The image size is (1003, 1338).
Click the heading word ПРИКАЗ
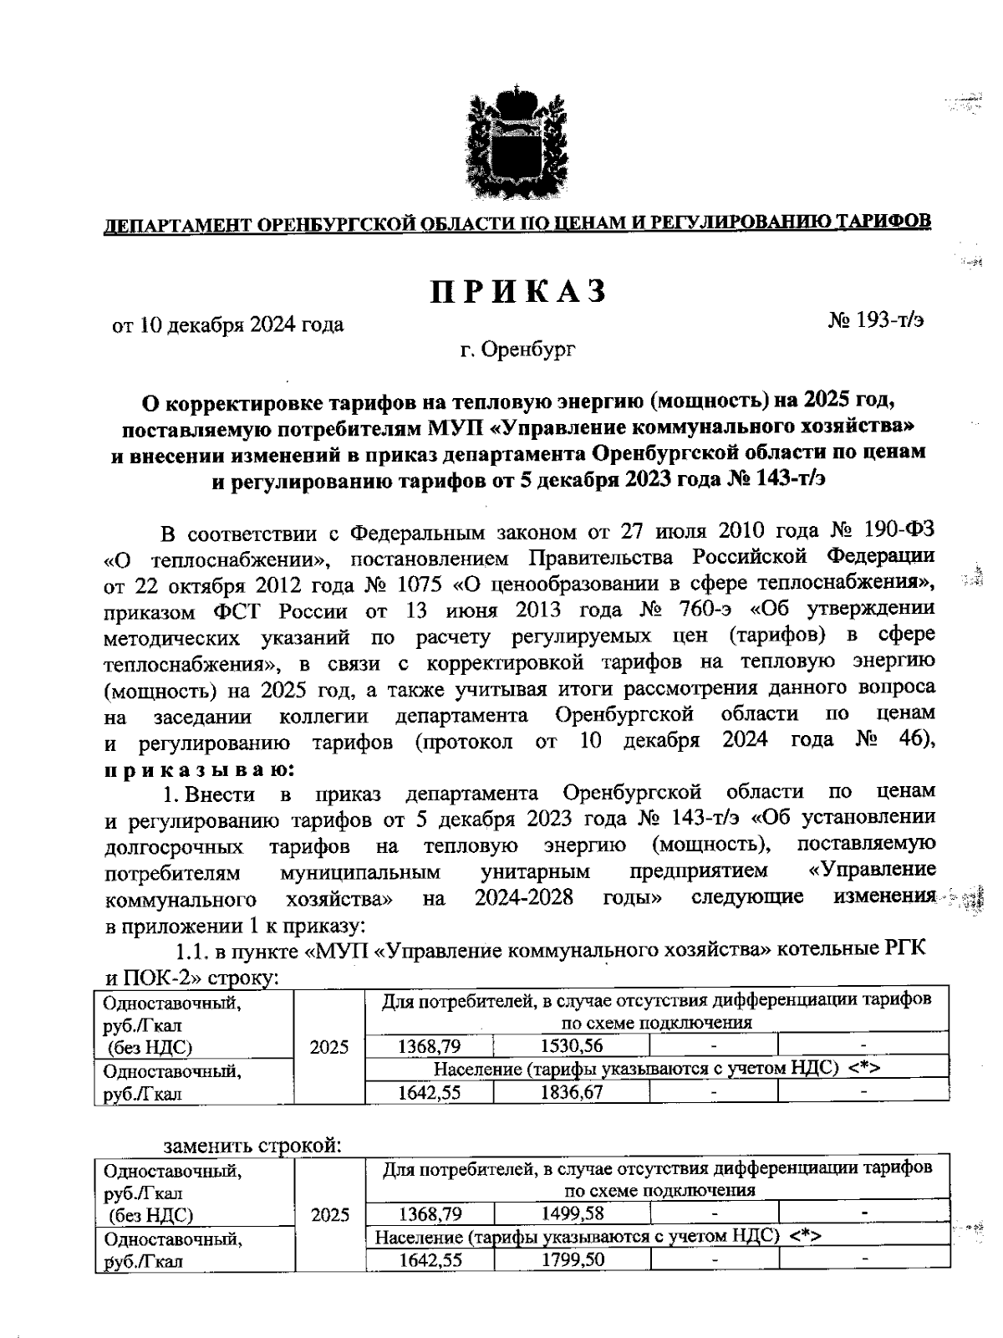pyautogui.click(x=517, y=292)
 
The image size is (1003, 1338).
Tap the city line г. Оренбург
pyautogui.click(x=517, y=350)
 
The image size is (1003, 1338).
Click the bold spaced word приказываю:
pyautogui.click(x=198, y=768)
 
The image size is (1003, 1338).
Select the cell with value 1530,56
pyautogui.click(x=572, y=1045)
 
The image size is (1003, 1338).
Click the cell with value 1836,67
pyautogui.click(x=572, y=1091)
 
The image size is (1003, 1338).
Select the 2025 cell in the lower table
pyautogui.click(x=328, y=1214)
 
